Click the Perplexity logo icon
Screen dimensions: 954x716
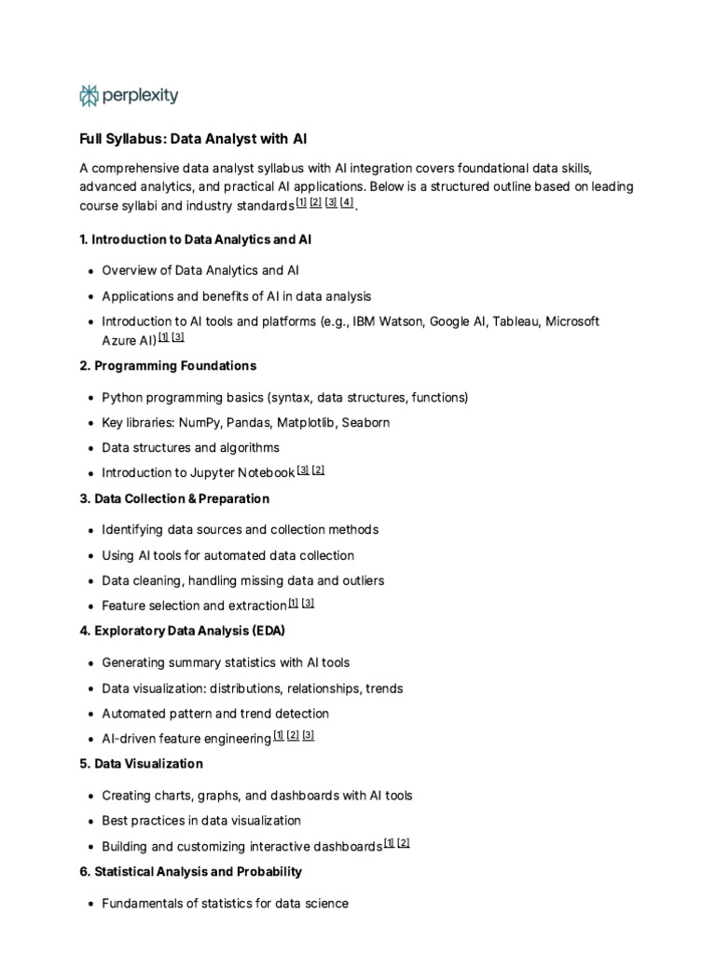(89, 95)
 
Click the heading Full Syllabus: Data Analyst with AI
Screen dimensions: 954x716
(193, 139)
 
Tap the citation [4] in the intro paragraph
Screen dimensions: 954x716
(347, 202)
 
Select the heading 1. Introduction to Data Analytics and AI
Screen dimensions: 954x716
(196, 239)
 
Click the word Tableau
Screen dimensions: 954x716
(516, 321)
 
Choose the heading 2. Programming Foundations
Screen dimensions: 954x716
(168, 365)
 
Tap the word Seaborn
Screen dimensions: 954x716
(365, 422)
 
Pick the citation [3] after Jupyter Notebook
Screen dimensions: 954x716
(303, 470)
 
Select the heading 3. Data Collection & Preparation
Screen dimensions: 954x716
(174, 498)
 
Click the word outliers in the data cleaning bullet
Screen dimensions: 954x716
(360, 580)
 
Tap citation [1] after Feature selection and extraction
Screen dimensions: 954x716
(294, 603)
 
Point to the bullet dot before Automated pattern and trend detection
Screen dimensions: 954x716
(89, 715)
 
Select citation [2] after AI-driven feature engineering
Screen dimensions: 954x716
(293, 735)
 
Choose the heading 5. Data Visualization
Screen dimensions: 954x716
(141, 764)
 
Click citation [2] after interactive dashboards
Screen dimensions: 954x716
(404, 843)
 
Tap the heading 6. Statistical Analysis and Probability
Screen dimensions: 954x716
(190, 872)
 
